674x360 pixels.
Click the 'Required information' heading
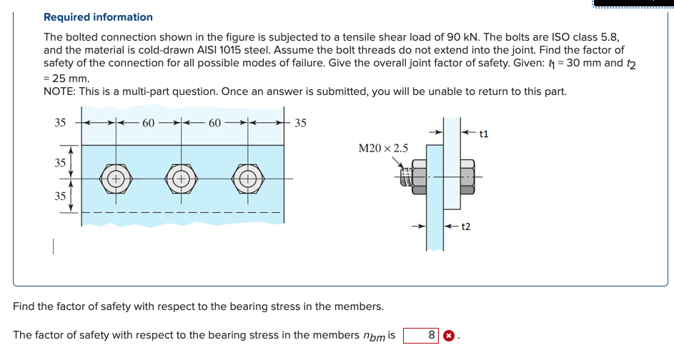click(98, 16)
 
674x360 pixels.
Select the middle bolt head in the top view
click(182, 178)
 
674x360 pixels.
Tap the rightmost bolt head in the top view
click(247, 178)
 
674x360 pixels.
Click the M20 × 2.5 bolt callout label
click(384, 148)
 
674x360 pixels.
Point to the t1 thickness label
click(484, 133)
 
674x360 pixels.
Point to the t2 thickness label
click(465, 227)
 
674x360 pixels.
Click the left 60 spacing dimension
click(149, 123)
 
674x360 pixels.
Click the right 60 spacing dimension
click(214, 123)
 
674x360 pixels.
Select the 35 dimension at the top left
click(61, 123)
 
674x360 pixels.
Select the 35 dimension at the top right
click(300, 123)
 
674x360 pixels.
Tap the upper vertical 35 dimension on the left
click(61, 162)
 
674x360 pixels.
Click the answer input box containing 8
click(422, 335)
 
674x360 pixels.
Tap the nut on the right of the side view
click(467, 176)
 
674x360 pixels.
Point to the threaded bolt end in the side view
click(405, 179)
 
